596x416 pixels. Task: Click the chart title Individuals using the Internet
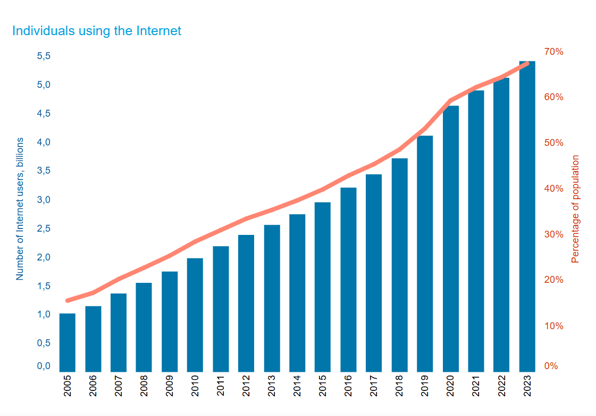(x=96, y=31)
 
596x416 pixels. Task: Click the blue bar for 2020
(x=450, y=239)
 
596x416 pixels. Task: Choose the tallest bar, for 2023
(x=527, y=216)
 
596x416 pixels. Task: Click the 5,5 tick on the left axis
(x=44, y=56)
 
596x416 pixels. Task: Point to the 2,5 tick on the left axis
(x=44, y=229)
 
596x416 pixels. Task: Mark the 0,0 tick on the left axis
(x=44, y=366)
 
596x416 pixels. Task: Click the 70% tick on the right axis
(x=553, y=52)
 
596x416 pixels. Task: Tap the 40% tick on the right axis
(x=553, y=189)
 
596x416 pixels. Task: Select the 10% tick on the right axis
(x=553, y=326)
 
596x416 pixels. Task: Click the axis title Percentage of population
(x=575, y=209)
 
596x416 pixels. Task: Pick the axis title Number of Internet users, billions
(x=20, y=209)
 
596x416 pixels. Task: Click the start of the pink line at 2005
(x=68, y=300)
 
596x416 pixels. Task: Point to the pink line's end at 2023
(x=527, y=63)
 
